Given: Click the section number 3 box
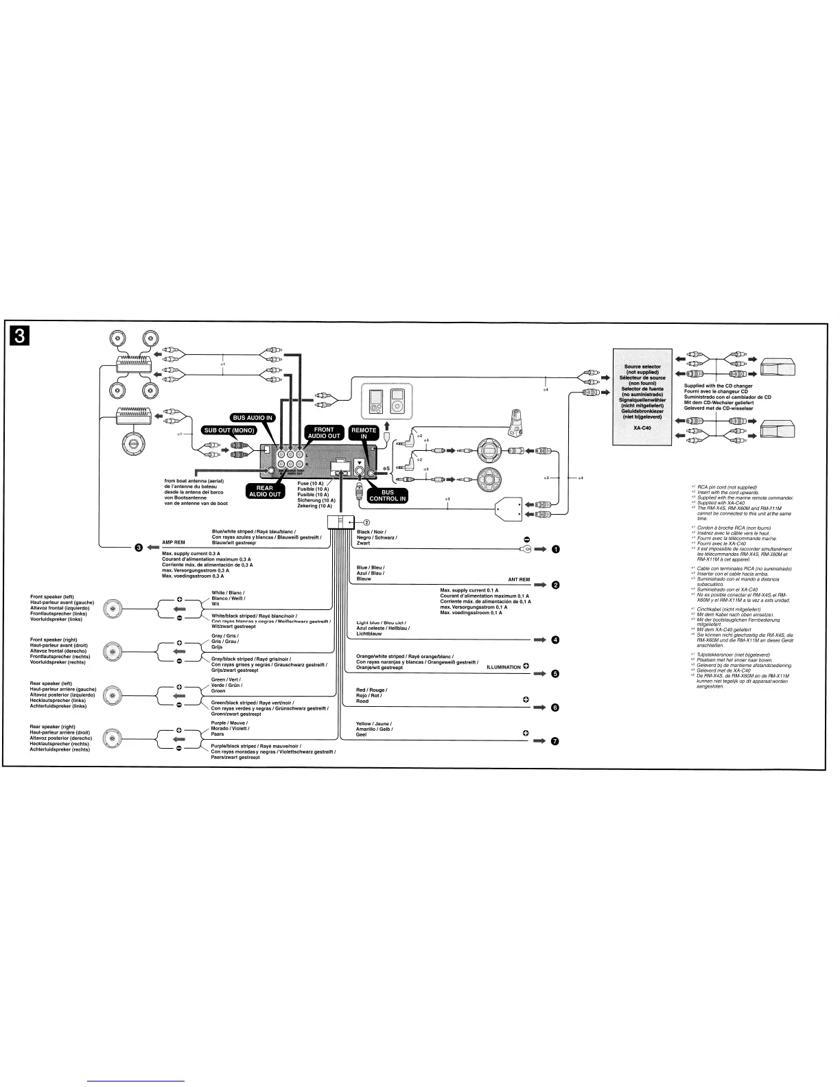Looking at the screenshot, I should tap(21, 336).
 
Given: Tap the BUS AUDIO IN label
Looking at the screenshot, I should tap(251, 417).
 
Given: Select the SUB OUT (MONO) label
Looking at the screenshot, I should tap(227, 430).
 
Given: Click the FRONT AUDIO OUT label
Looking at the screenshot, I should tap(323, 432).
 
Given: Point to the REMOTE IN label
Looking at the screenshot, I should tap(364, 432).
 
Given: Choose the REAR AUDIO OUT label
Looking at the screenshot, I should tap(264, 491).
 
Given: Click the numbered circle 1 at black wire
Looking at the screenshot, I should tap(555, 550).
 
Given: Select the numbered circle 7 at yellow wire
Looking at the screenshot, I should tap(555, 741).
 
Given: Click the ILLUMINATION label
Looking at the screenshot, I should tap(503, 666).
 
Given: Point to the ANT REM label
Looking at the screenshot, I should tap(519, 580).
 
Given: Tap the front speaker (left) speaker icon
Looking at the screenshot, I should tap(113, 608).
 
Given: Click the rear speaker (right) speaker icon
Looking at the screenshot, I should tap(113, 738).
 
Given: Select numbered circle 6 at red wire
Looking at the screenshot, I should tap(555, 708).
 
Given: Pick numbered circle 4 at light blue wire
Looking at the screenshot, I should tap(555, 640).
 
